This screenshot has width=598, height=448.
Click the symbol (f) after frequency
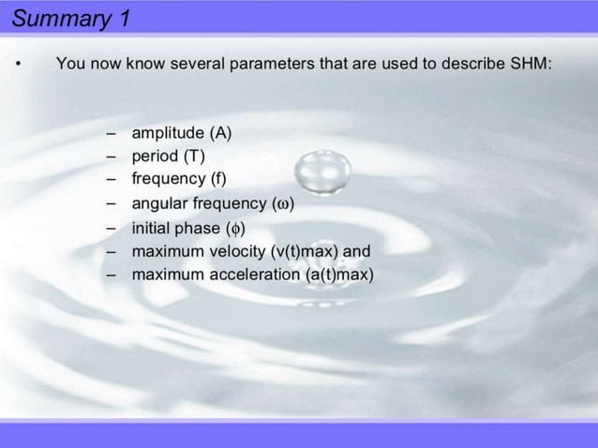click(217, 178)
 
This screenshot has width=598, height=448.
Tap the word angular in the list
click(158, 203)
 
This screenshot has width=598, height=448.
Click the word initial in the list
click(150, 228)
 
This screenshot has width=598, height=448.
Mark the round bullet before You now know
click(17, 65)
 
